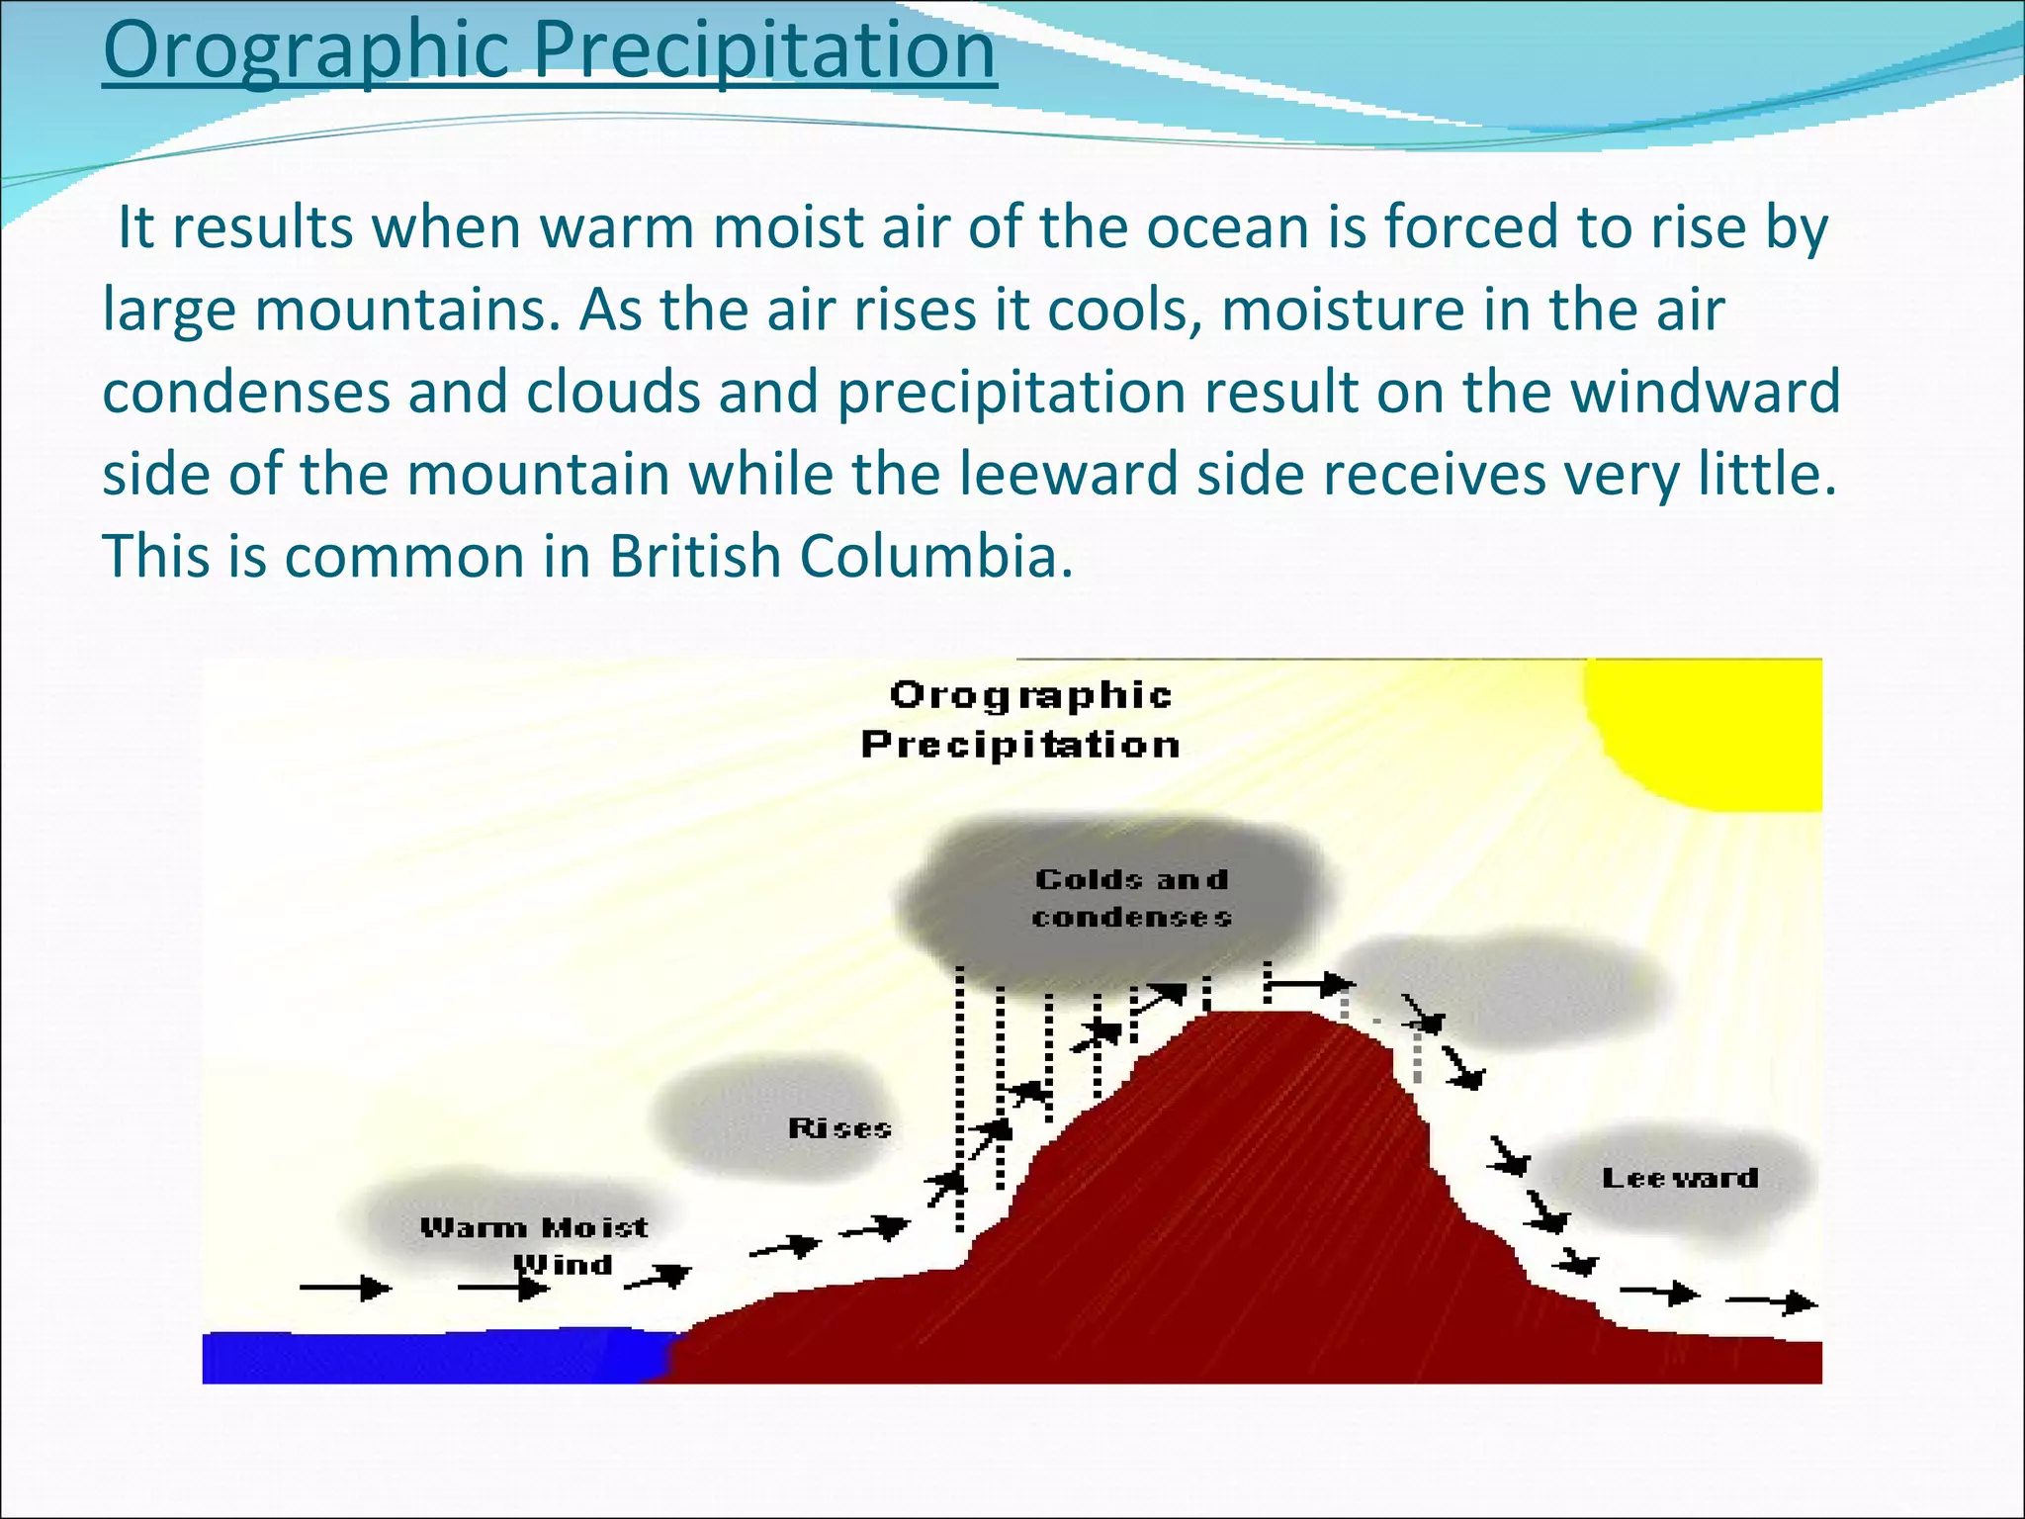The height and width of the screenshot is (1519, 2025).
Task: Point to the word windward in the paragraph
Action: click(1706, 392)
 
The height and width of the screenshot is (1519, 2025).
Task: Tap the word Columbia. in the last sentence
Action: click(935, 557)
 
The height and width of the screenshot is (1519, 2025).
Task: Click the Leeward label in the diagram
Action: click(1680, 1178)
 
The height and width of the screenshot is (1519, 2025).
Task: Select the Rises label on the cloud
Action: click(839, 1128)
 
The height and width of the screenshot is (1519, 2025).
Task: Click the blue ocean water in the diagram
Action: click(425, 1357)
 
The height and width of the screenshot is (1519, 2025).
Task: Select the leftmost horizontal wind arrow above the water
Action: click(345, 1288)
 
